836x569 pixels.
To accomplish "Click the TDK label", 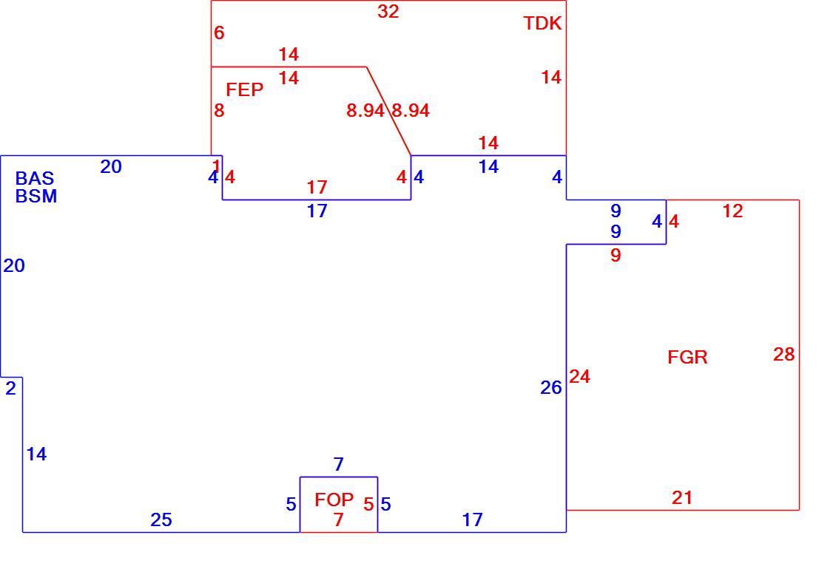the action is pyautogui.click(x=542, y=24).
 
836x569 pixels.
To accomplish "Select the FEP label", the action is pyautogui.click(x=245, y=90).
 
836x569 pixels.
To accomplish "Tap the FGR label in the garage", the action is pyautogui.click(x=687, y=357).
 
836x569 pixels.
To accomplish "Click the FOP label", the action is pyautogui.click(x=334, y=500).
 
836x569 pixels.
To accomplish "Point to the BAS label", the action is pyautogui.click(x=35, y=178).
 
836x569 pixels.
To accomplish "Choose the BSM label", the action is pyautogui.click(x=36, y=196).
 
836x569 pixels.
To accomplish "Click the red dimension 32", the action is pyautogui.click(x=388, y=11).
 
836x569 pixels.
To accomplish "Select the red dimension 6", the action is pyautogui.click(x=219, y=33).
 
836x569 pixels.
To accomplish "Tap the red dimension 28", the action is pyautogui.click(x=783, y=354).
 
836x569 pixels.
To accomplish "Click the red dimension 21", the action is pyautogui.click(x=682, y=497).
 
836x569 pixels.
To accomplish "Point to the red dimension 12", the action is pyautogui.click(x=732, y=211).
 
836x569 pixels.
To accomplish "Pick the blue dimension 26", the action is pyautogui.click(x=550, y=388).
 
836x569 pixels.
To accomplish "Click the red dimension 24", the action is pyautogui.click(x=579, y=377).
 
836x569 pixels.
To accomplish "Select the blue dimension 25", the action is pyautogui.click(x=161, y=519).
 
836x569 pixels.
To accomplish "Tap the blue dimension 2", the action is pyautogui.click(x=10, y=389).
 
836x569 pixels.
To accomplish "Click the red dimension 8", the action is pyautogui.click(x=219, y=110).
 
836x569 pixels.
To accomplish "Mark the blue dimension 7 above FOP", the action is pyautogui.click(x=339, y=465).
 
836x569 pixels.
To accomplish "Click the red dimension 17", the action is pyautogui.click(x=317, y=188).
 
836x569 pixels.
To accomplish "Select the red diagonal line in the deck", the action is pyautogui.click(x=388, y=112).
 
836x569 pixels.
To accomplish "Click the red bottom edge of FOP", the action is pyautogui.click(x=339, y=532).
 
